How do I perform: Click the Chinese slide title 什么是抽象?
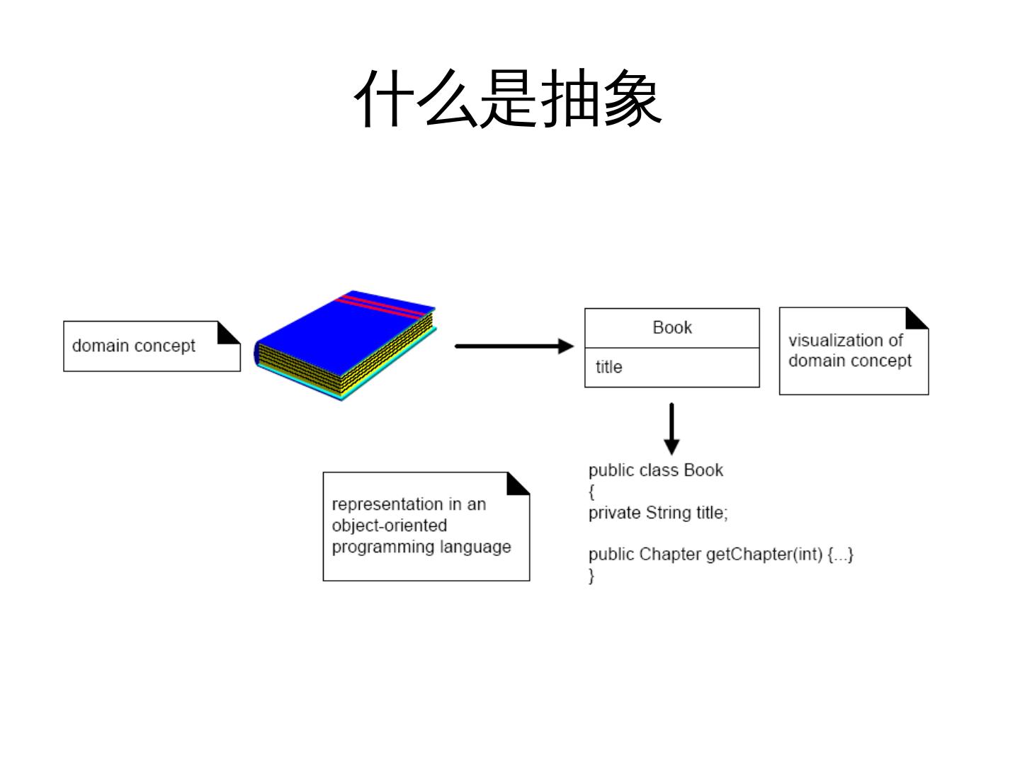[508, 99]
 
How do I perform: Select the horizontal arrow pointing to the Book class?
[514, 346]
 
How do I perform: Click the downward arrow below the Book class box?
[671, 429]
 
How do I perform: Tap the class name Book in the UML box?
[671, 327]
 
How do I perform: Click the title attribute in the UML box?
[608, 367]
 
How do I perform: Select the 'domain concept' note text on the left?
[133, 346]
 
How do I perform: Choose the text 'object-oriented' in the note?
[390, 526]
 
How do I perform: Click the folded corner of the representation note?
[517, 484]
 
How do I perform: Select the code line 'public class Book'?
[655, 470]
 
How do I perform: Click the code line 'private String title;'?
[658, 513]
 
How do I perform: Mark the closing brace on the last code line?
[591, 575]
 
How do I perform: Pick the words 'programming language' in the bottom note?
[421, 547]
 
